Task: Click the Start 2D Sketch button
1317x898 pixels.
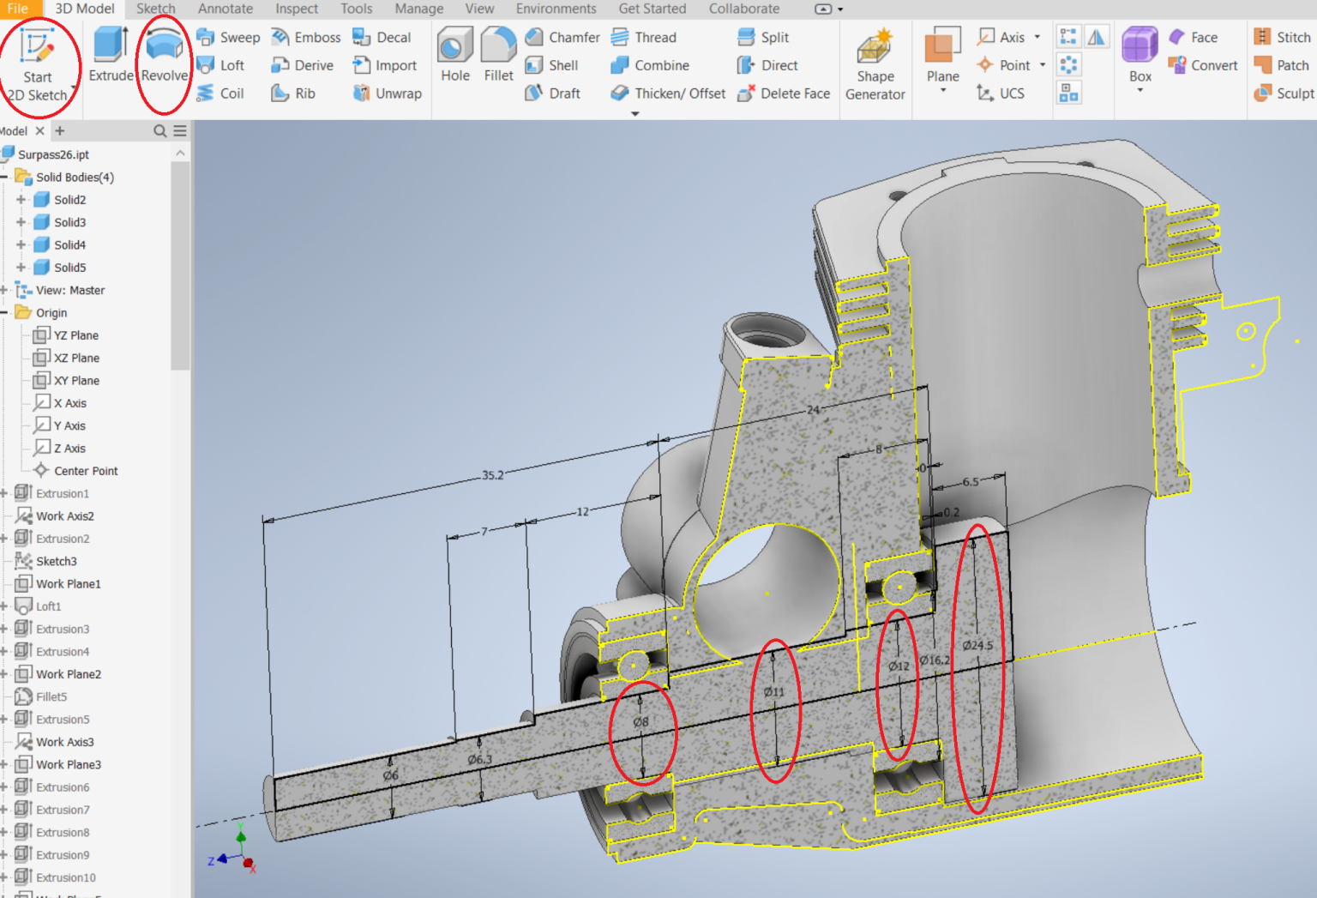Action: pos(37,64)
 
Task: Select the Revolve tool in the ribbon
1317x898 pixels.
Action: pos(164,56)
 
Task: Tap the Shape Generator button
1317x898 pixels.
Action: pos(875,64)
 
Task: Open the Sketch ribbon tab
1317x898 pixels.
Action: pos(155,9)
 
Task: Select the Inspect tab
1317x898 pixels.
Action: pos(296,9)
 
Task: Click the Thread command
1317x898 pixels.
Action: pos(644,38)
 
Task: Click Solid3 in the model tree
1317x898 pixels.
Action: pos(69,222)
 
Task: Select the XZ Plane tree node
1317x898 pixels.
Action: pos(76,358)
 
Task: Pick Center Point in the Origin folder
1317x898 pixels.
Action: pos(86,471)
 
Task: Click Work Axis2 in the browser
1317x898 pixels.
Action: pos(64,516)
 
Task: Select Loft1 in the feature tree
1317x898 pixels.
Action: pos(48,606)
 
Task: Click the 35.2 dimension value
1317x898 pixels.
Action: pos(493,475)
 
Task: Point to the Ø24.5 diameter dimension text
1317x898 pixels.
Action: pos(977,645)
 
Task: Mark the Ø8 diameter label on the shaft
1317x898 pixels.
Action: pos(640,722)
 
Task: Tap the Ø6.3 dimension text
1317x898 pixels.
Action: pos(480,759)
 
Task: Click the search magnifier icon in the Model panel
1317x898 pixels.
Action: pos(159,131)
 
